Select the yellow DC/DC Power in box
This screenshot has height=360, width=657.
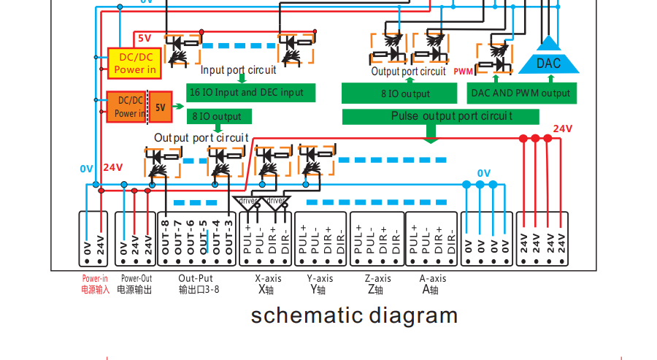(x=134, y=64)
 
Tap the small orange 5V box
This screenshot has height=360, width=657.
(x=161, y=107)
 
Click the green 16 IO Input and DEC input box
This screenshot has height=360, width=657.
(x=250, y=93)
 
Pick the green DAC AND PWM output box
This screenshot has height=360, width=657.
(x=520, y=93)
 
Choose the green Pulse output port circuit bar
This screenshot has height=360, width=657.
(x=440, y=116)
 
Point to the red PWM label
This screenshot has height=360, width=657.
(x=464, y=72)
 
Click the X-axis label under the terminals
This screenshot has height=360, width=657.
(x=267, y=278)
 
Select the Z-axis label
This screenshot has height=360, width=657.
(x=377, y=278)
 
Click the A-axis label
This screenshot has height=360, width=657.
(x=432, y=278)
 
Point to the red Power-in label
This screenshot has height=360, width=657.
(x=95, y=278)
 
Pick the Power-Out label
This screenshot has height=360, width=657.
(x=137, y=278)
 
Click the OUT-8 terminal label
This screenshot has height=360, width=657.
(x=166, y=237)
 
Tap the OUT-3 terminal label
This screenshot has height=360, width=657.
(x=228, y=237)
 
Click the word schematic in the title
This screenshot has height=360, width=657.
(x=306, y=315)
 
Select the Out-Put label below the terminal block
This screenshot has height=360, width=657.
(x=196, y=278)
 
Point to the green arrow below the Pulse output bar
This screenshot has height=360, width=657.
(x=431, y=134)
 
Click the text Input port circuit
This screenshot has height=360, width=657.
(x=239, y=70)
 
